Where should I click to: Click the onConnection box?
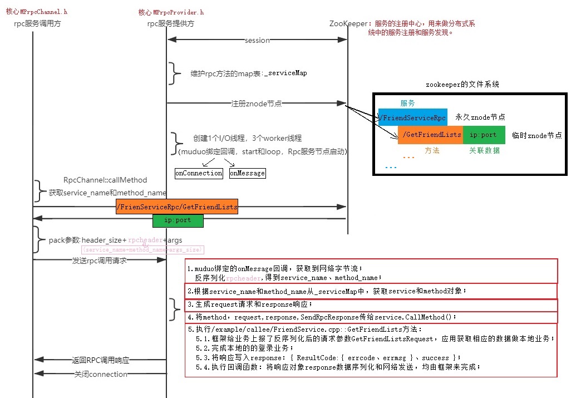pyautogui.click(x=199, y=173)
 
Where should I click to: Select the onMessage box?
pyautogui.click(x=247, y=173)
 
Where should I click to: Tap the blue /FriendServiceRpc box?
pyautogui.click(x=412, y=117)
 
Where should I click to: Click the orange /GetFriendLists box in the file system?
pyautogui.click(x=430, y=135)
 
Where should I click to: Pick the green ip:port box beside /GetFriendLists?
pyautogui.click(x=484, y=135)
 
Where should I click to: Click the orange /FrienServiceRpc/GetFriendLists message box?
pyautogui.click(x=177, y=207)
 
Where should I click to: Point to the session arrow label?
pyautogui.click(x=257, y=41)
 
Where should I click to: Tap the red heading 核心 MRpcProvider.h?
pyautogui.click(x=171, y=12)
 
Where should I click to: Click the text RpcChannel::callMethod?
pyautogui.click(x=105, y=180)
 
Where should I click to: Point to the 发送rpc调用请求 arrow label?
pyautogui.click(x=100, y=260)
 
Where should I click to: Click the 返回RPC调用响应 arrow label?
pyautogui.click(x=101, y=360)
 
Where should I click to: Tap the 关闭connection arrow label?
pyautogui.click(x=101, y=374)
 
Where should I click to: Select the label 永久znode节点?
pyautogui.click(x=480, y=117)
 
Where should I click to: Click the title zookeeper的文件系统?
pyautogui.click(x=462, y=85)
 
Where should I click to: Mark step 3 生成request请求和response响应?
pyautogui.click(x=250, y=304)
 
